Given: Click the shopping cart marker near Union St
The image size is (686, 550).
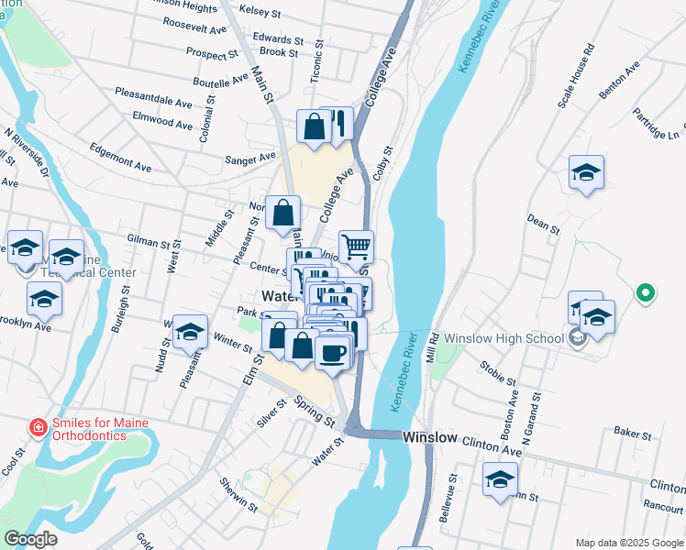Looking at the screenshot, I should coord(356,246).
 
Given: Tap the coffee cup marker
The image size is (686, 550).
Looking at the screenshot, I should coord(333,351).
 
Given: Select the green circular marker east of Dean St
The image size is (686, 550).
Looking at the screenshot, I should coord(646,293).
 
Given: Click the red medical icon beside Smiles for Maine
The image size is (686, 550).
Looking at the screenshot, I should coord(38,427).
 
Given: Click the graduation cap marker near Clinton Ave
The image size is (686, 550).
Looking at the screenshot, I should coord(500,478).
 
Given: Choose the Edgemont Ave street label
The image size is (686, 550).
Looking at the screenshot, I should coord(120,157).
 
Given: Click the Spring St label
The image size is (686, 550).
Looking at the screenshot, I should coord(314,410).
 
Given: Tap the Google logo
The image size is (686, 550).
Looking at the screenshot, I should coord(31,539).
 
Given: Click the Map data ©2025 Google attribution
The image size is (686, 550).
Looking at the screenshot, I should coord(627,543).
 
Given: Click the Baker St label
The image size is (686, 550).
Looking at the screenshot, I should coord(632,432).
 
